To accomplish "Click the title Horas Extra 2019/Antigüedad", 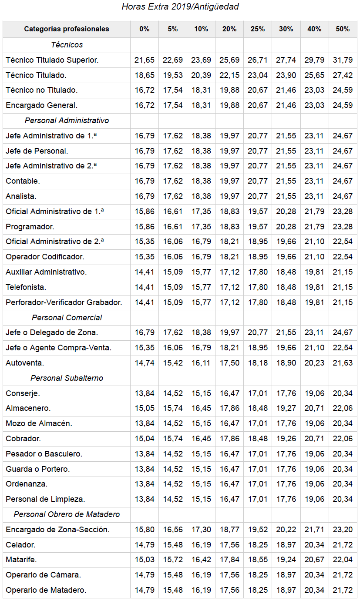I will pyautogui.click(x=180, y=7).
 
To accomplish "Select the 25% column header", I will pyautogui.click(x=258, y=29).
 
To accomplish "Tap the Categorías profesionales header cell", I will pyautogui.click(x=67, y=29).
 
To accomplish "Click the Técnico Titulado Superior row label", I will pyautogui.click(x=52, y=60).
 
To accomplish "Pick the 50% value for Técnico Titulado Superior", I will pyautogui.click(x=343, y=60).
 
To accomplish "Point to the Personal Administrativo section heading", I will pyautogui.click(x=67, y=121).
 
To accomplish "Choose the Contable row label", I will pyautogui.click(x=23, y=181).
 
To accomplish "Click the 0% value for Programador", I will pyautogui.click(x=145, y=227).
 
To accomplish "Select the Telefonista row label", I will pyautogui.click(x=26, y=287).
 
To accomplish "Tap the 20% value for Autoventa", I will pyautogui.click(x=229, y=363).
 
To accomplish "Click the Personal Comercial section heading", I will pyautogui.click(x=67, y=318).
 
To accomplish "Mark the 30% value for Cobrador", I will pyautogui.click(x=286, y=439).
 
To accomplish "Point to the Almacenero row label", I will pyautogui.click(x=28, y=408).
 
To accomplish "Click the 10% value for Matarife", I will pyautogui.click(x=201, y=560).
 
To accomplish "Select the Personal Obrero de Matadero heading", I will pyautogui.click(x=67, y=514).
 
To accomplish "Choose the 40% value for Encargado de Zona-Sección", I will pyautogui.click(x=314, y=530).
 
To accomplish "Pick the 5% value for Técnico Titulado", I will pyautogui.click(x=173, y=75).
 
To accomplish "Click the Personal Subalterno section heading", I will pyautogui.click(x=67, y=378).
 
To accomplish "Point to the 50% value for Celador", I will pyautogui.click(x=343, y=545).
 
